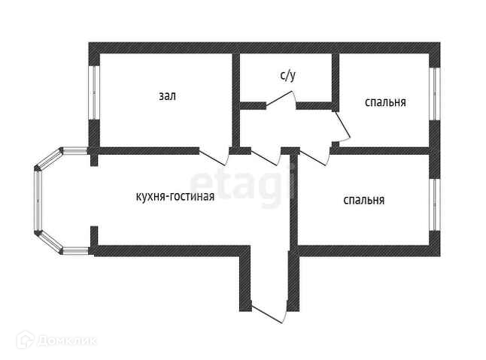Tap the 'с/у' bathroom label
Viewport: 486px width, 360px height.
click(287, 75)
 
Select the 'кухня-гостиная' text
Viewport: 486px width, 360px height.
click(175, 197)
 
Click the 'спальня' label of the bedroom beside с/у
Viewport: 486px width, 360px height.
click(385, 102)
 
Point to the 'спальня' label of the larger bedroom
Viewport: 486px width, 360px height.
click(364, 200)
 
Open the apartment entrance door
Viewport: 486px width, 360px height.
click(269, 312)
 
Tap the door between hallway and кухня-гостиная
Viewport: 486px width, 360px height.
click(266, 158)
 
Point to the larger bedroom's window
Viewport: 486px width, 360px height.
click(435, 204)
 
